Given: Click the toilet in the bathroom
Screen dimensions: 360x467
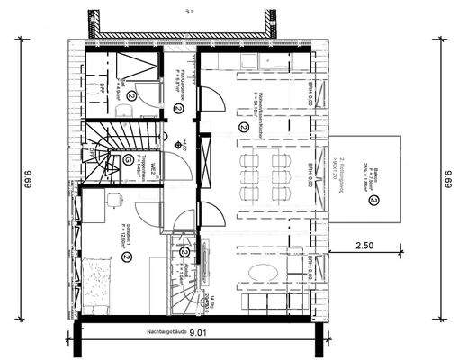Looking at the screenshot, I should [x=128, y=109].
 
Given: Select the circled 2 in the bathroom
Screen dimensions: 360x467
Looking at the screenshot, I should [x=131, y=94].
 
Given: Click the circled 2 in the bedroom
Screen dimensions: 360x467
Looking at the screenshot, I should [x=127, y=256].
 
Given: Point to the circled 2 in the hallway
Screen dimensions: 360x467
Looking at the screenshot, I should [x=179, y=109].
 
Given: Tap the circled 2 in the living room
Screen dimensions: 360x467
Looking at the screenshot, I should [x=242, y=128].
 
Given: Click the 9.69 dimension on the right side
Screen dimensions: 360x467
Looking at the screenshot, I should [x=447, y=181].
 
